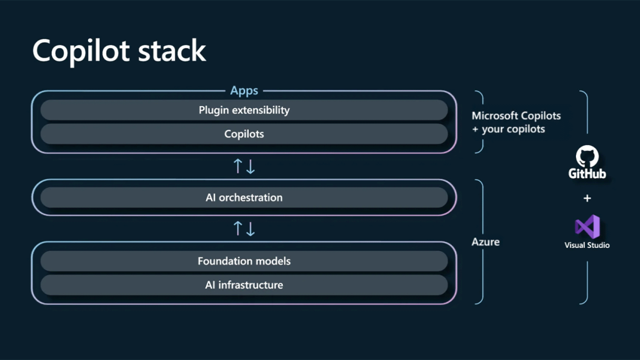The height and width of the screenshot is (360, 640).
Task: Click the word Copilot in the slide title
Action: pos(81,50)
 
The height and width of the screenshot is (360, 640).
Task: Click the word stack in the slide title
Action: pos(172,50)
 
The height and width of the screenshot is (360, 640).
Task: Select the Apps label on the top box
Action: pos(244,90)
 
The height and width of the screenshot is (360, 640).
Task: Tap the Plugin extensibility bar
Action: pos(244,110)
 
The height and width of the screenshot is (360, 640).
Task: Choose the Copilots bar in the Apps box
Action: pos(244,134)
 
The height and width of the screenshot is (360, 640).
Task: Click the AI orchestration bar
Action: pos(244,198)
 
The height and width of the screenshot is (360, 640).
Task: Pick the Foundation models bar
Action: pos(244,261)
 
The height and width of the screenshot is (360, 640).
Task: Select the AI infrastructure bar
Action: pos(244,285)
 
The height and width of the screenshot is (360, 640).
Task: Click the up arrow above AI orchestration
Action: pos(237,166)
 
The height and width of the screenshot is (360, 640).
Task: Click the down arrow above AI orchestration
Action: pos(250,167)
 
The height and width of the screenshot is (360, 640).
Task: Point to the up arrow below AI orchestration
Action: pos(237,228)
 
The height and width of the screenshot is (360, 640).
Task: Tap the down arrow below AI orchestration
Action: pos(250,229)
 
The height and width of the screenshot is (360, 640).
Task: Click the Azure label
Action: pos(485,242)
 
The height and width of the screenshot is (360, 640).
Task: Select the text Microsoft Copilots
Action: pos(516,116)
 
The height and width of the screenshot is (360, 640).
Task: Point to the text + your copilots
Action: pos(508,129)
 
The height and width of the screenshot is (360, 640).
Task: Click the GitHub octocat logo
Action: pos(587,156)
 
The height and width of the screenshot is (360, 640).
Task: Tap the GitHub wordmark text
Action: pos(587,174)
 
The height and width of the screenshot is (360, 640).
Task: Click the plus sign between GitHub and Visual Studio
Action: pos(587,198)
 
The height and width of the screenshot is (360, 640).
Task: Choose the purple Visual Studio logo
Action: pos(587,226)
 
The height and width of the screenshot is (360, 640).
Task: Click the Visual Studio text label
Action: pos(587,246)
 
